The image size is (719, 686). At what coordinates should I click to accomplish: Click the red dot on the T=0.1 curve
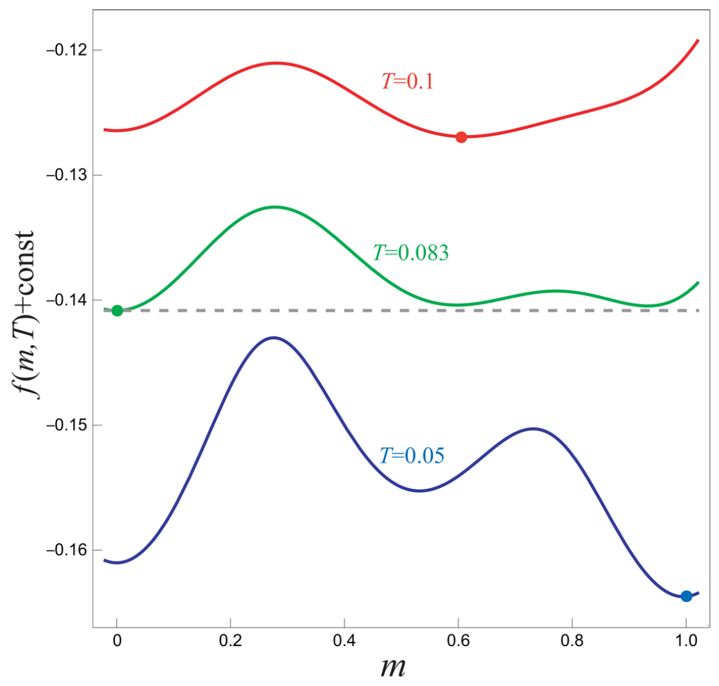pyautogui.click(x=461, y=137)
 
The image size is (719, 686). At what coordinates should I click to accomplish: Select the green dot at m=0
pyautogui.click(x=117, y=310)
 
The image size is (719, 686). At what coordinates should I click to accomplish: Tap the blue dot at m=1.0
pyautogui.click(x=686, y=596)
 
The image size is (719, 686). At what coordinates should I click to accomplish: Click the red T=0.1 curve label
pyautogui.click(x=408, y=81)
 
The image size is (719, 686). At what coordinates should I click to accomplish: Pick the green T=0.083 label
pyautogui.click(x=411, y=252)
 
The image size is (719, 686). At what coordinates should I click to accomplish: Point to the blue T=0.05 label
pyautogui.click(x=411, y=456)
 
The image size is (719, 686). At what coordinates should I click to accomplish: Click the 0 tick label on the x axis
pyautogui.click(x=117, y=641)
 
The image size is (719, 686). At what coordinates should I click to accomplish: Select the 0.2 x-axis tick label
pyautogui.click(x=230, y=641)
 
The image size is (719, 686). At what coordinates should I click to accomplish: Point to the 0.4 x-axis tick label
pyautogui.click(x=344, y=641)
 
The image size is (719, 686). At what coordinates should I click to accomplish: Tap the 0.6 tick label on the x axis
pyautogui.click(x=458, y=641)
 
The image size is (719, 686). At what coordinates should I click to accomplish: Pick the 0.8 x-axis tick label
pyautogui.click(x=572, y=641)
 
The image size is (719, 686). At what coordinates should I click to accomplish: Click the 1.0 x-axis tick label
pyautogui.click(x=686, y=641)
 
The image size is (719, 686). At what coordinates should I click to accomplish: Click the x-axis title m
pyautogui.click(x=393, y=667)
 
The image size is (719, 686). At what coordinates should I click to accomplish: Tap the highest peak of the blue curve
pyautogui.click(x=274, y=337)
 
